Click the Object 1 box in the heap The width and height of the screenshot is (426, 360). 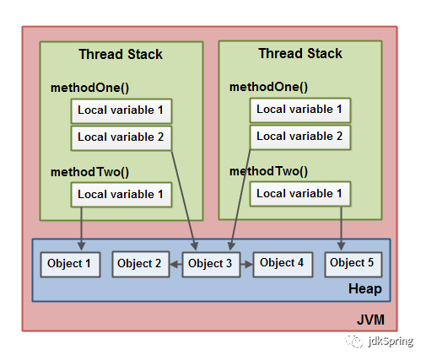(70, 265)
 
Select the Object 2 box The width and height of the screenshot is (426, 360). (141, 265)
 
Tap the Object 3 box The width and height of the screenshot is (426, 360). (211, 265)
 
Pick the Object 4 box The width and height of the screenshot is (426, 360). (283, 265)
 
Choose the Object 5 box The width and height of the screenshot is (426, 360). (353, 265)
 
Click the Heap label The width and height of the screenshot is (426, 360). (365, 289)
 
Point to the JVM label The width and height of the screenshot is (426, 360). (370, 320)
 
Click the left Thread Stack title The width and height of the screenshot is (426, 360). (121, 54)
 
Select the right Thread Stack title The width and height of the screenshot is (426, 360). (300, 53)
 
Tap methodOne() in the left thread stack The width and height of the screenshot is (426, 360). (89, 88)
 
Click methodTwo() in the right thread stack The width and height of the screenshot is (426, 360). (268, 171)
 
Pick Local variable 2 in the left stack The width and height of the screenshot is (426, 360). (121, 138)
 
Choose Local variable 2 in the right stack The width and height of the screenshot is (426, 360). (300, 137)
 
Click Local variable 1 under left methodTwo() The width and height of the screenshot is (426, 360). (121, 195)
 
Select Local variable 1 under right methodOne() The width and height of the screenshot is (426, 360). (300, 110)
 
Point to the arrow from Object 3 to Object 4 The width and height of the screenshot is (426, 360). (246, 265)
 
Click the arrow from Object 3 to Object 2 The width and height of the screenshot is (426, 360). (176, 265)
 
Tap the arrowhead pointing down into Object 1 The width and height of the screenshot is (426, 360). (81, 246)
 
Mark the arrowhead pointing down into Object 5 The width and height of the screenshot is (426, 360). (341, 246)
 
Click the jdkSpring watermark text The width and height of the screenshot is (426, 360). (391, 341)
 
